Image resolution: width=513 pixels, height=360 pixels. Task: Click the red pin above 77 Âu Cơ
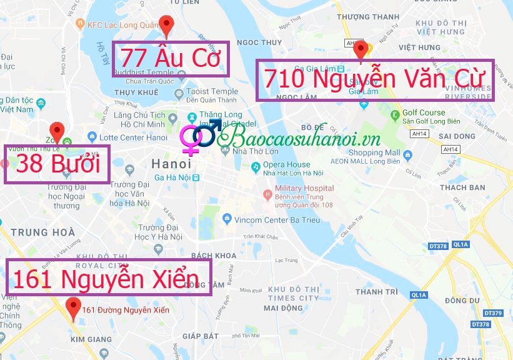point(166,25)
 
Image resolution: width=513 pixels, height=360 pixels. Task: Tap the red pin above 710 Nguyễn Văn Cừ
point(359,49)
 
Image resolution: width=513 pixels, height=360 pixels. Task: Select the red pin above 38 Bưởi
point(57,131)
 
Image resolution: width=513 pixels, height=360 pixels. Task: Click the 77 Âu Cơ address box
point(171,59)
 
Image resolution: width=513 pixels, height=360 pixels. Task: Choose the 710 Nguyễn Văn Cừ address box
point(375,80)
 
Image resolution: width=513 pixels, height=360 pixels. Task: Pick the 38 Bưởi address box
point(57,164)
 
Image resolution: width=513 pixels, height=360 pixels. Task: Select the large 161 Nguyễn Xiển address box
point(108,278)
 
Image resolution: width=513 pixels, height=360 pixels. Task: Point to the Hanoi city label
point(171,164)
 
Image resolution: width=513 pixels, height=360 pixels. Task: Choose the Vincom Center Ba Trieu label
point(276,220)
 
